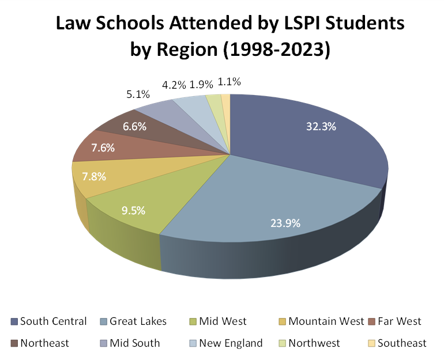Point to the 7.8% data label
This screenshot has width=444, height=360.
[x=94, y=176]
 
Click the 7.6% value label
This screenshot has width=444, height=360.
[x=103, y=147]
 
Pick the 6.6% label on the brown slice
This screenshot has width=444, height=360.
[x=134, y=126]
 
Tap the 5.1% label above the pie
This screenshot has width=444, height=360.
[x=138, y=94]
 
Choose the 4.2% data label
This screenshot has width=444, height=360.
[x=174, y=85]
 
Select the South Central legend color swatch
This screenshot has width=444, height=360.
[x=14, y=321]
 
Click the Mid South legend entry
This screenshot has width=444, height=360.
[x=134, y=343]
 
